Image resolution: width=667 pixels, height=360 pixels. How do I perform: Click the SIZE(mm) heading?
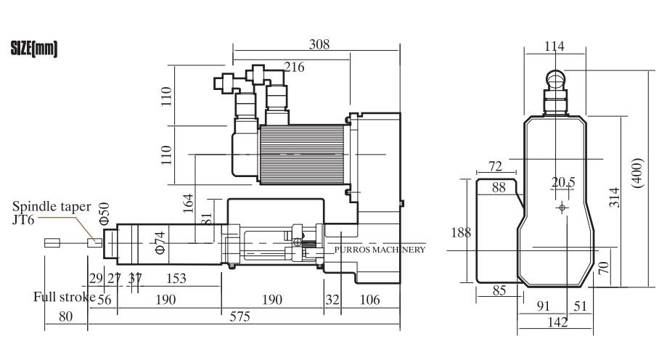tap(34, 49)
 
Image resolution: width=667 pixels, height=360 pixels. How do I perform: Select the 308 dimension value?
tap(319, 44)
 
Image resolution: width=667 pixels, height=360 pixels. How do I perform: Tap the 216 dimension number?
tap(295, 67)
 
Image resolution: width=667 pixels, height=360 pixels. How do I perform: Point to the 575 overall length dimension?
tap(240, 316)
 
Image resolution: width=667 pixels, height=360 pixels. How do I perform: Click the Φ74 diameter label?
tap(160, 243)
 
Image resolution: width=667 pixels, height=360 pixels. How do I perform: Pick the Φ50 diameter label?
tap(105, 213)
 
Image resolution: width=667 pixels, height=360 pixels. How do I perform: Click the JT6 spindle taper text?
tap(23, 220)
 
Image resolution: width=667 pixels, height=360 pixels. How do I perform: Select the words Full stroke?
tap(65, 297)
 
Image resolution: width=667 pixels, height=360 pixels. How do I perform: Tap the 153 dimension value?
tap(176, 278)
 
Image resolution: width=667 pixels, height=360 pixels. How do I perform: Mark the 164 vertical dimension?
tap(188, 203)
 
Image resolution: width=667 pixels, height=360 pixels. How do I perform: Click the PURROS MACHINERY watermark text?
tap(380, 250)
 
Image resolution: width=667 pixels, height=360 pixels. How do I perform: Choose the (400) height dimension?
tap(638, 173)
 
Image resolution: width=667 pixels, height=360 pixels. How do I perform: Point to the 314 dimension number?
tap(614, 197)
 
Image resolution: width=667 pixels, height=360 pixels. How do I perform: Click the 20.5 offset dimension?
tap(563, 182)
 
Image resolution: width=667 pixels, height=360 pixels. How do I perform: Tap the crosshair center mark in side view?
tap(562, 208)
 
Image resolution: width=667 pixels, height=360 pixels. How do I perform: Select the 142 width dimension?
tap(557, 322)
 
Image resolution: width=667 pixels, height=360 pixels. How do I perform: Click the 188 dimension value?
tap(461, 232)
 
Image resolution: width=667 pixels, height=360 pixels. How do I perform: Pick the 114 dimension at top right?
tap(555, 46)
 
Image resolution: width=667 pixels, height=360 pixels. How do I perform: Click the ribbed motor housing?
tap(302, 155)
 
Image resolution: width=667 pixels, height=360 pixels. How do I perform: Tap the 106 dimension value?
tap(369, 300)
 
